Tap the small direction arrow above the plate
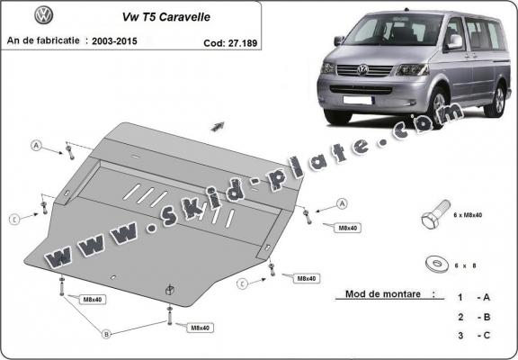pyautogui.click(x=217, y=125)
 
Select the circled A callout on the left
pyautogui.click(x=37, y=146)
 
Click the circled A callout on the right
pyautogui.click(x=343, y=203)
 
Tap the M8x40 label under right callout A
pyautogui.click(x=347, y=229)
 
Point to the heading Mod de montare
pyautogui.click(x=383, y=294)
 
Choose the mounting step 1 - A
pyautogui.click(x=475, y=296)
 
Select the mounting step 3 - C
pyautogui.click(x=475, y=337)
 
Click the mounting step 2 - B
pyautogui.click(x=475, y=317)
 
